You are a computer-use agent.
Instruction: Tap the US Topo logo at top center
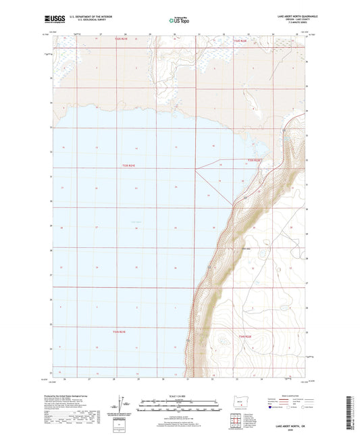[x=178, y=21]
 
